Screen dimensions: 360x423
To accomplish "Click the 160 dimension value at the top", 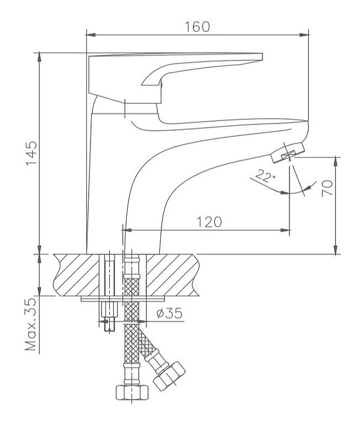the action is [x=197, y=26].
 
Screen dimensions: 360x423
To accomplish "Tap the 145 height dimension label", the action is [x=32, y=153].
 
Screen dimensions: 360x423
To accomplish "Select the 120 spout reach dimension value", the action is [x=209, y=222].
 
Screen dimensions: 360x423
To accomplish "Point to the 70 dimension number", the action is [x=327, y=189].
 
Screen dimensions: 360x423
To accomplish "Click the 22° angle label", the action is [x=265, y=176].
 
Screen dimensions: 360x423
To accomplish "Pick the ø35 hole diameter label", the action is [x=169, y=313].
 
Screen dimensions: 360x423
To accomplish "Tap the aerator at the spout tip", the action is [x=287, y=152].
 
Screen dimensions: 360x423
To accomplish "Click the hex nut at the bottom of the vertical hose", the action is [x=132, y=392].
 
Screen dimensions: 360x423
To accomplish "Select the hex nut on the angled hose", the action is [x=169, y=376].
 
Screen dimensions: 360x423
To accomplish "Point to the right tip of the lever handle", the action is [x=262, y=56].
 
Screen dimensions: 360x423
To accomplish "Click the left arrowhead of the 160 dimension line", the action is [x=90, y=35].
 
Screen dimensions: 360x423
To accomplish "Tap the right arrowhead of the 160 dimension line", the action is [x=304, y=35].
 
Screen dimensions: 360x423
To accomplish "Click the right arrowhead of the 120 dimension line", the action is [x=285, y=230].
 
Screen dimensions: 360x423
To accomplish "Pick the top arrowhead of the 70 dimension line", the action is [x=336, y=162].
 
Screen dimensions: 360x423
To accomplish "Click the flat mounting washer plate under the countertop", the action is [x=123, y=298].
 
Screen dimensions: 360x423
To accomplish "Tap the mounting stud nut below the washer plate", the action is [x=109, y=310].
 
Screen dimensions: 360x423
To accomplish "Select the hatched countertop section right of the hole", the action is [x=172, y=275].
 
